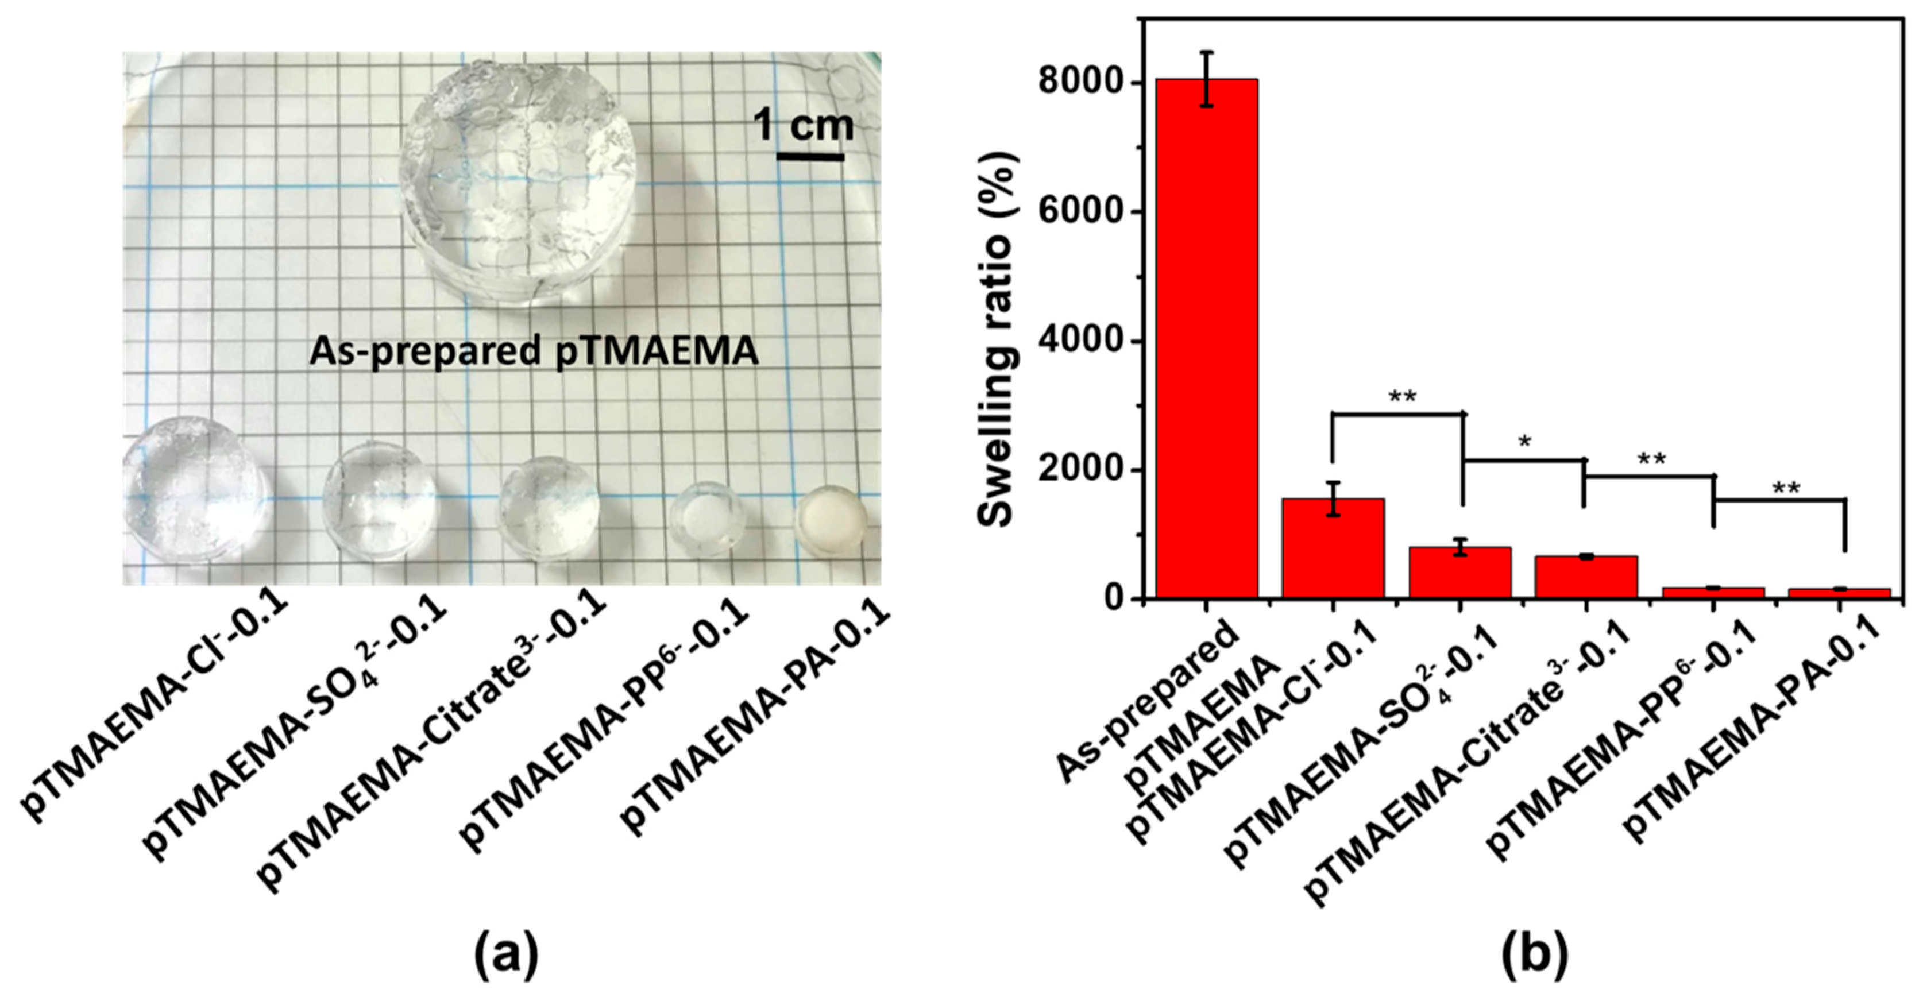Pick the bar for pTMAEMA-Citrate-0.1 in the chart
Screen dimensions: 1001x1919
(1586, 577)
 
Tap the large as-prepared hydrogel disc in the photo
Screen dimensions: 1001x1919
(518, 183)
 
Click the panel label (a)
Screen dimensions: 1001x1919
(506, 954)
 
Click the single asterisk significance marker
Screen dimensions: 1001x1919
(1524, 442)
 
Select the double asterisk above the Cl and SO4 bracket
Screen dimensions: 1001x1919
(1401, 397)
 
